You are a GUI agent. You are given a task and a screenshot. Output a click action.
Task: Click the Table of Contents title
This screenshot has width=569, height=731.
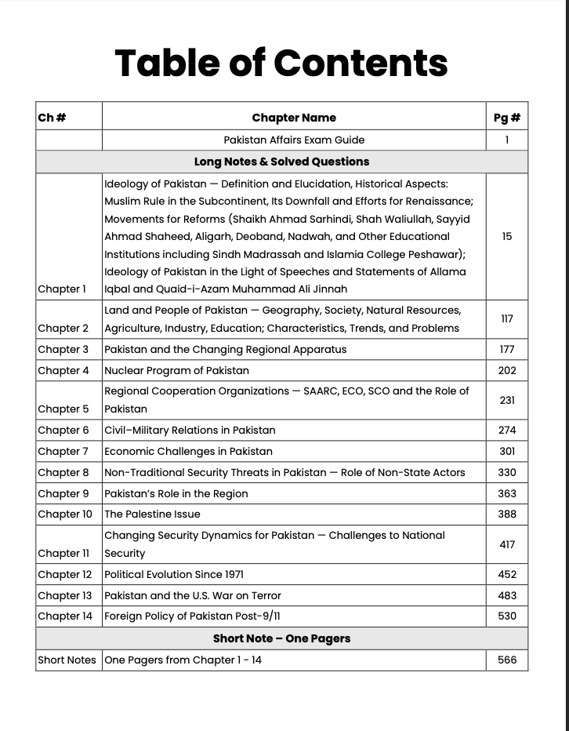(x=281, y=63)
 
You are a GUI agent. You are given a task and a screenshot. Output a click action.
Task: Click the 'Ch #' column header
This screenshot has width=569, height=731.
(x=52, y=118)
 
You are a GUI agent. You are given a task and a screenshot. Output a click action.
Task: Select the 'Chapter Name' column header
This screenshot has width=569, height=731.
(x=294, y=118)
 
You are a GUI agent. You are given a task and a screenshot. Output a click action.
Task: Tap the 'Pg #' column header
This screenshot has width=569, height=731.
(x=506, y=118)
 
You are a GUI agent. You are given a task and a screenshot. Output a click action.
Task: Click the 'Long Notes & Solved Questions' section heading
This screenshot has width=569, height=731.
(x=281, y=162)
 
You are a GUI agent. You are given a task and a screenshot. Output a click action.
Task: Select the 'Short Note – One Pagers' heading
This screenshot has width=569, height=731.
(x=281, y=638)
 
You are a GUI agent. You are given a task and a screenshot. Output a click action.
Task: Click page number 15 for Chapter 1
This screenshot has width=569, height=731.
(x=506, y=236)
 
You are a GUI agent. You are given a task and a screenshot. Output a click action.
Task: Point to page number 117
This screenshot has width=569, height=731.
(x=506, y=319)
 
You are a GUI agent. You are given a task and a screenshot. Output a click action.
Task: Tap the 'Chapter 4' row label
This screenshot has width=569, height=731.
(x=63, y=370)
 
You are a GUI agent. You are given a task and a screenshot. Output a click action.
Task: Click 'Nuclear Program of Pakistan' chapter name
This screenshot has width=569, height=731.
(x=176, y=370)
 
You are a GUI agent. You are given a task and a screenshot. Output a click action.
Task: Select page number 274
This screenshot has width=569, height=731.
(x=506, y=430)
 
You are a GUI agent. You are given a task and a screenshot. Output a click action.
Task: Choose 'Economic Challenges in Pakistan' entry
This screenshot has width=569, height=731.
(x=188, y=451)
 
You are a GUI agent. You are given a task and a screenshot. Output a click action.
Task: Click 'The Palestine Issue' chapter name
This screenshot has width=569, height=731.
(x=152, y=515)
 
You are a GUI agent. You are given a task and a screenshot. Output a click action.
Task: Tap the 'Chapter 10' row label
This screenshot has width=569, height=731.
(x=65, y=515)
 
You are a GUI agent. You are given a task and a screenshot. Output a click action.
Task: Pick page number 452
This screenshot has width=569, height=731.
(x=506, y=574)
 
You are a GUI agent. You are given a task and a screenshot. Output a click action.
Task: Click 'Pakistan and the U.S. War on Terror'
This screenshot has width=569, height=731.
(x=192, y=595)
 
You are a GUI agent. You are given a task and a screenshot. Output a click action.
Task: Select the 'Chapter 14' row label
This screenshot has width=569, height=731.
(x=65, y=616)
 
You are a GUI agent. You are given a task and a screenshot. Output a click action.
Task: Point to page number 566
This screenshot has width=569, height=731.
(x=506, y=660)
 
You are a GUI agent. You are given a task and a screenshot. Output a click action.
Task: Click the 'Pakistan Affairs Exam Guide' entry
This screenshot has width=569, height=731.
(x=294, y=140)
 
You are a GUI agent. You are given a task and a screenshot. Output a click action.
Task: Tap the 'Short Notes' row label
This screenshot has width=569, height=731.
(x=67, y=660)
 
